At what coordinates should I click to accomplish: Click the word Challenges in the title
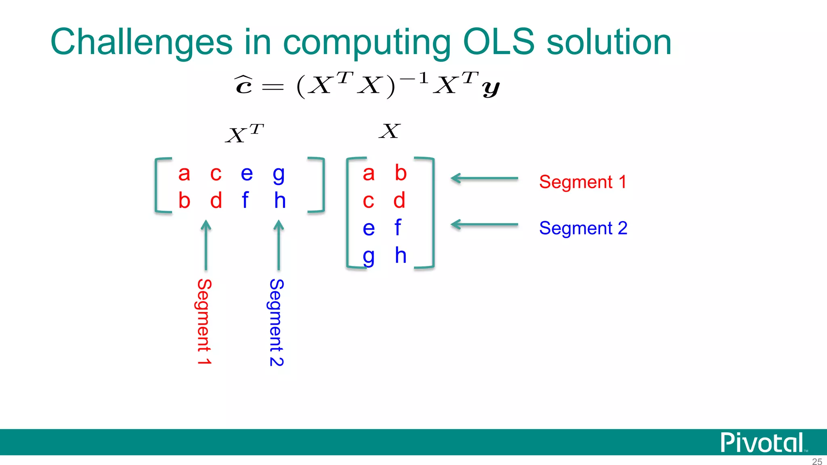click(x=141, y=42)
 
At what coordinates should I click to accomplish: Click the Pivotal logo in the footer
click(x=762, y=443)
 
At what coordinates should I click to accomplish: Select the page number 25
click(x=817, y=461)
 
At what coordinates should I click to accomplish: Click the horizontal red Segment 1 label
click(x=582, y=182)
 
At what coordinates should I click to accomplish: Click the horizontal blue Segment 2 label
click(x=583, y=228)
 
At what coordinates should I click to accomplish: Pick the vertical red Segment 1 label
click(x=204, y=322)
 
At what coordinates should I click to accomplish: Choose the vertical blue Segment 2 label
click(x=277, y=322)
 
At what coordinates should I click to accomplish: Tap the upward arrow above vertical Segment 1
click(x=206, y=245)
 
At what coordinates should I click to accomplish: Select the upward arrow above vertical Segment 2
click(x=279, y=245)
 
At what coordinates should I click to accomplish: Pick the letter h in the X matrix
click(x=400, y=255)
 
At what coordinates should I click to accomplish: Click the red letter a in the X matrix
click(x=368, y=174)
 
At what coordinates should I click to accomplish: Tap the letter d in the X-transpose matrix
click(x=216, y=200)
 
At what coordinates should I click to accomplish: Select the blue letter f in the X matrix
click(x=398, y=227)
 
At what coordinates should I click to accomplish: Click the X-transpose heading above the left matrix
click(x=244, y=134)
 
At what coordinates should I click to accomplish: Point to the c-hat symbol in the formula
click(x=244, y=84)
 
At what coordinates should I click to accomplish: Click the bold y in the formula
click(x=491, y=88)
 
